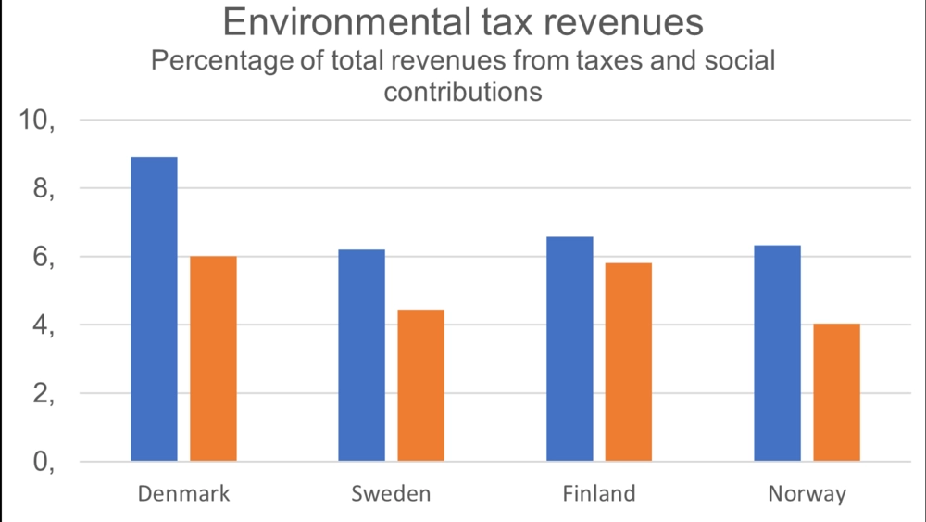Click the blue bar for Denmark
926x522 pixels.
point(154,309)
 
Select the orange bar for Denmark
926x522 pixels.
point(213,359)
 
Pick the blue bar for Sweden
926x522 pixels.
point(361,355)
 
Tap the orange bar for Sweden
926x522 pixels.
point(420,385)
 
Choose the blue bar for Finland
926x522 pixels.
point(569,349)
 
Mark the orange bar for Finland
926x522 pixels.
point(629,362)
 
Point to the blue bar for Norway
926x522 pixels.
point(777,353)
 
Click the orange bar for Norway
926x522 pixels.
point(836,392)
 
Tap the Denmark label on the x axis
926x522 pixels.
point(183,493)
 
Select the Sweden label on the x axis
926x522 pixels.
point(391,493)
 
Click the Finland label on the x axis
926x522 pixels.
point(599,493)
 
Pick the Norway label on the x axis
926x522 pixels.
point(807,494)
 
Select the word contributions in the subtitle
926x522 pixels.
point(462,93)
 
